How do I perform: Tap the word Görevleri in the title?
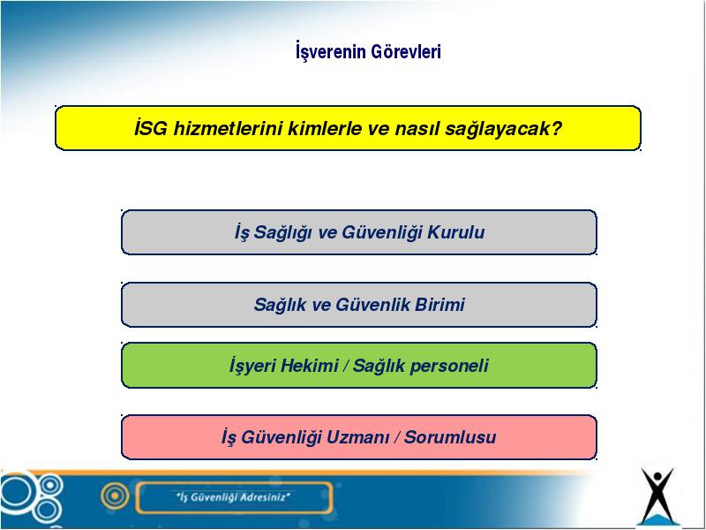[x=406, y=51]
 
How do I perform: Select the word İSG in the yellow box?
[x=151, y=128]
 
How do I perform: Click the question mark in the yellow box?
[x=557, y=128]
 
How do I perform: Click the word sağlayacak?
[x=498, y=129]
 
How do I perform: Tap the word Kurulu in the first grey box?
[x=455, y=232]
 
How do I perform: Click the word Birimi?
[x=439, y=305]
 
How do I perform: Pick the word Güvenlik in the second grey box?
[x=372, y=305]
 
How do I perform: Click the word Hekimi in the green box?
[x=309, y=366]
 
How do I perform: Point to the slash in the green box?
[x=345, y=366]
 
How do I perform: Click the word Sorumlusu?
[x=450, y=437]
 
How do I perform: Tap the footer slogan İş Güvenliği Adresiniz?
[x=233, y=497]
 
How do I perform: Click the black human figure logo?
[x=657, y=495]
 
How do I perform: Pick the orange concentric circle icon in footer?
[x=116, y=496]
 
